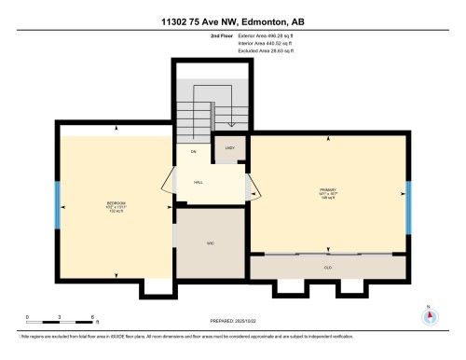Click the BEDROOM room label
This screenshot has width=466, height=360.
click(116, 202)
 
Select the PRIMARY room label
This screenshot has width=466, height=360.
click(327, 191)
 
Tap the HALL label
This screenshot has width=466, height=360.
click(199, 183)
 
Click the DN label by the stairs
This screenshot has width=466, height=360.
click(194, 151)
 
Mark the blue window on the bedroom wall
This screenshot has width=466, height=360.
click(57, 206)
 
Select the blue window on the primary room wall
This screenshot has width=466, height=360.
click(408, 207)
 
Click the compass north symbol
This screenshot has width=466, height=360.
click(429, 315)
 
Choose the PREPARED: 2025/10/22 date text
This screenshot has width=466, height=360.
click(226, 320)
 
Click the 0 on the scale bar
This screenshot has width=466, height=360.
click(27, 317)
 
